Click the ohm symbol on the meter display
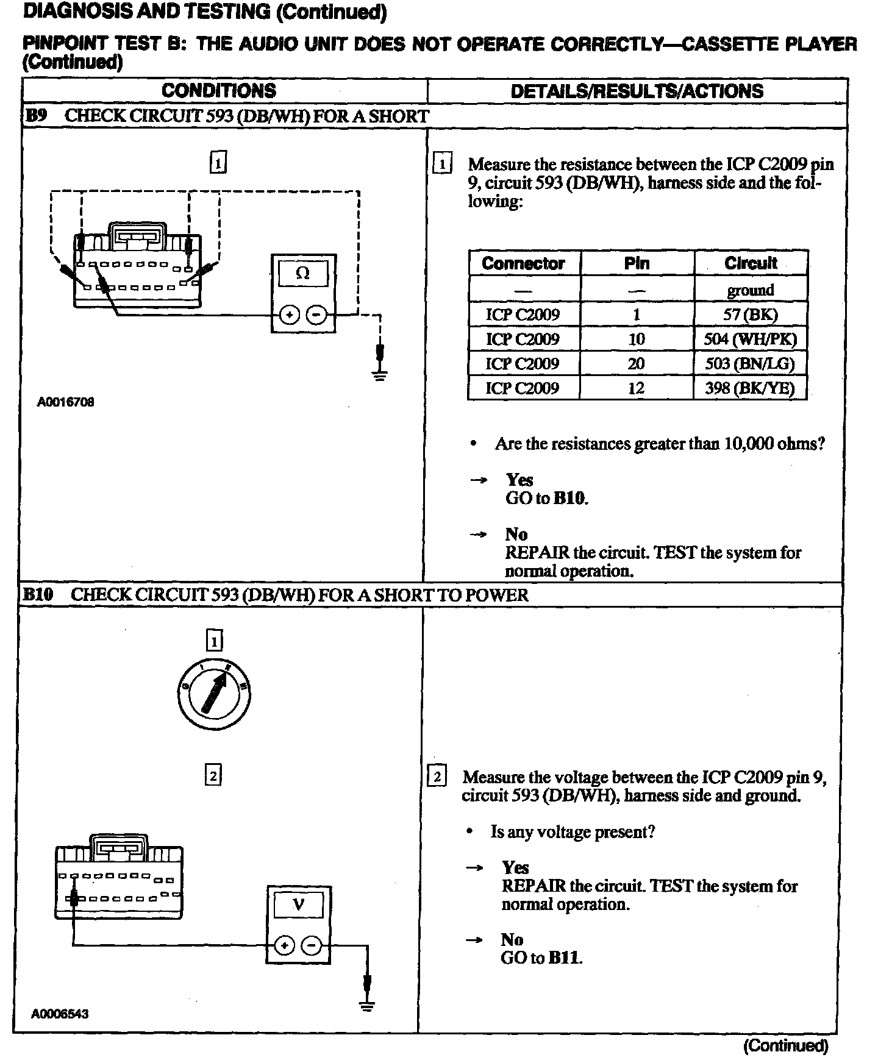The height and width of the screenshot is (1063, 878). click(302, 274)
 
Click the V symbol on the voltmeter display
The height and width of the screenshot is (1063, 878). click(298, 904)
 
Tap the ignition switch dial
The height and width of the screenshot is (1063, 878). click(214, 694)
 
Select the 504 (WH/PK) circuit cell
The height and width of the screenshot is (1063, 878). click(750, 339)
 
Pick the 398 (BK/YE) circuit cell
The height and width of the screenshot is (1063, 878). click(750, 388)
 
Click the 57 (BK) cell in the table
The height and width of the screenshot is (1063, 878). click(750, 315)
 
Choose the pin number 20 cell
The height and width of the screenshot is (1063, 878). click(636, 364)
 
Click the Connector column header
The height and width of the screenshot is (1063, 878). click(523, 263)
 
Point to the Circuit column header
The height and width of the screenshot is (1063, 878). click(751, 263)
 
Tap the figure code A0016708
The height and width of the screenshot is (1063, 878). click(66, 402)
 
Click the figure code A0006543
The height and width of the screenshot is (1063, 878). click(60, 1014)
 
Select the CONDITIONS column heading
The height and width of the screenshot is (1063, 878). click(219, 91)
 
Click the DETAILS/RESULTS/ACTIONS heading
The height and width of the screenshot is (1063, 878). click(637, 91)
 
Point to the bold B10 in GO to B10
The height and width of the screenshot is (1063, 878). click(571, 499)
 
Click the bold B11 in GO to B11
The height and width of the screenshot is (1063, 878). click(565, 958)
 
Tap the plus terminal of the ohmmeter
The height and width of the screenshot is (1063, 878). click(290, 315)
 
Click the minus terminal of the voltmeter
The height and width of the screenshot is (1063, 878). click(312, 945)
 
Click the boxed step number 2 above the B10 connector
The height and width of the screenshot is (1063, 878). click(213, 775)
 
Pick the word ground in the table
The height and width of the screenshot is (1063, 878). click(750, 290)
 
